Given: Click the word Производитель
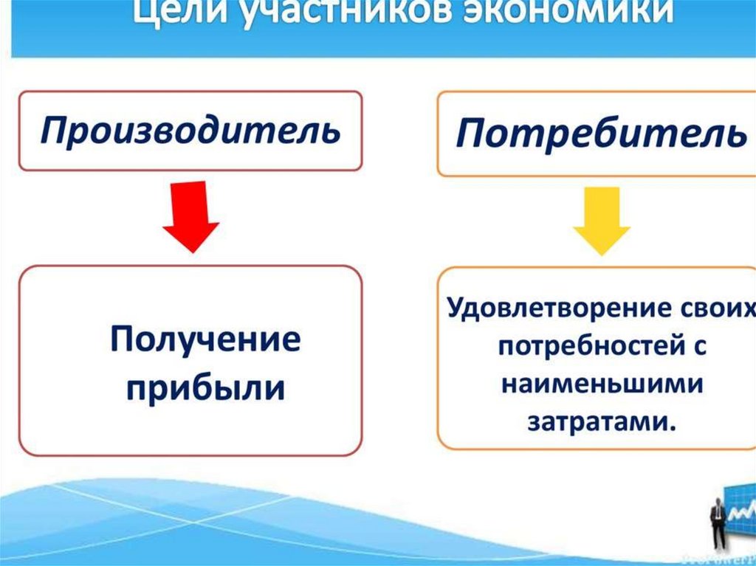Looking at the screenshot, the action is point(190,131).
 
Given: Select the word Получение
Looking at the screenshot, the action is point(206,342).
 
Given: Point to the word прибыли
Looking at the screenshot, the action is point(206,387).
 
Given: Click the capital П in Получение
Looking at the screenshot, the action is point(123,342).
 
